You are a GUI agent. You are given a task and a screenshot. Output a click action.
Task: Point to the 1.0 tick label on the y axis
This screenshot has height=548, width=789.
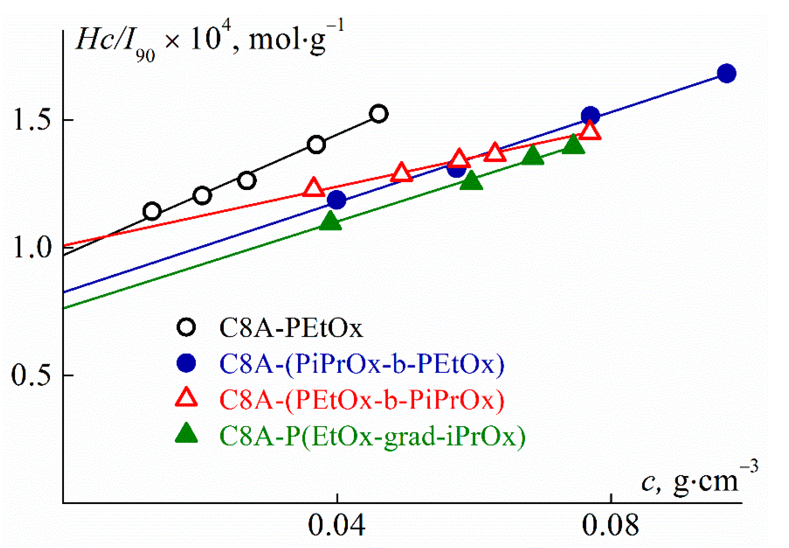32,248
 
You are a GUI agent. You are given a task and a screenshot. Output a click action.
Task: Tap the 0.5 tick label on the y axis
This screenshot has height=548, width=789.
32,375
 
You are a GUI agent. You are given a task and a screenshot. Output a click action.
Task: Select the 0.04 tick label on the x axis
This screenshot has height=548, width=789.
336,525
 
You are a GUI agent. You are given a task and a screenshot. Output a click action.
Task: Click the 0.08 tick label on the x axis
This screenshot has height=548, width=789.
610,525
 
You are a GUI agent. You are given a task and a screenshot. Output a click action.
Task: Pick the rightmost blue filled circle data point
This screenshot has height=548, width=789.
726,73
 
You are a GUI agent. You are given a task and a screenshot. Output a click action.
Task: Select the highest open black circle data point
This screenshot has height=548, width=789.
379,114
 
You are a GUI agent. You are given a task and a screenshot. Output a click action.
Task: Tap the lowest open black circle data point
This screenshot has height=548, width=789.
152,211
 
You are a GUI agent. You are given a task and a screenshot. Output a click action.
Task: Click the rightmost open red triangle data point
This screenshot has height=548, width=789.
590,131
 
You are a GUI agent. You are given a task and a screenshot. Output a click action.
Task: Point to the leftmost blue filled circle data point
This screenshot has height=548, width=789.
337,200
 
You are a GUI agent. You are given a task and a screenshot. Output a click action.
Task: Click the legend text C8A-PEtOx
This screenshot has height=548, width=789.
291,328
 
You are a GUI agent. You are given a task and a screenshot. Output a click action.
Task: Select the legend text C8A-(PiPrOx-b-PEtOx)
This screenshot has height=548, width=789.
362,364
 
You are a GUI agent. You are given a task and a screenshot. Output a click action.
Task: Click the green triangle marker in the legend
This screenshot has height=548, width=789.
186,434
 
